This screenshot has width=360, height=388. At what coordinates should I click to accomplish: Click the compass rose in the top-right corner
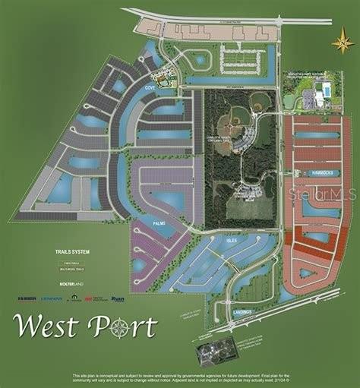click(x=343, y=41)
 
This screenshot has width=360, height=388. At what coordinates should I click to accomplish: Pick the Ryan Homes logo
click(x=118, y=299)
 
